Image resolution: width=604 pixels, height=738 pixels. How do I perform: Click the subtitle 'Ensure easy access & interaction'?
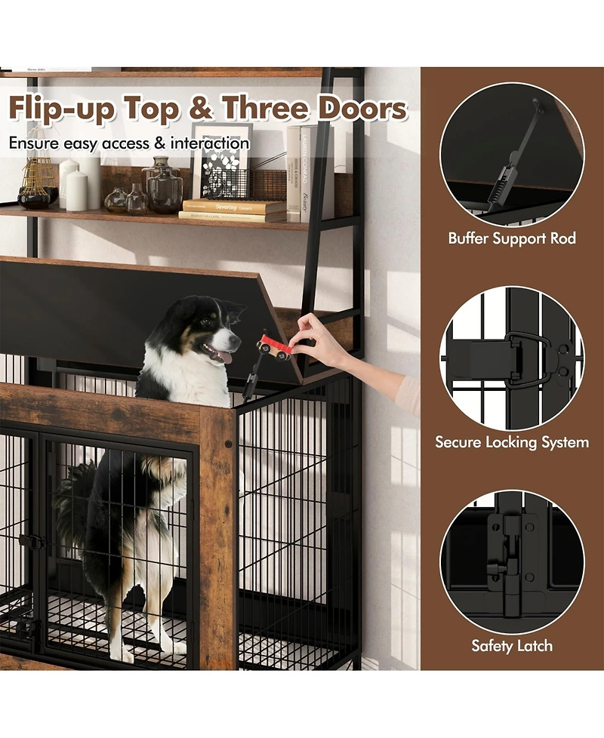pyautogui.click(x=129, y=143)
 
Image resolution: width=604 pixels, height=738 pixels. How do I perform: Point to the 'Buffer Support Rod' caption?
pyautogui.click(x=512, y=238)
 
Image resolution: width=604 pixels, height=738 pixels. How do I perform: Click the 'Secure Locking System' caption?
pyautogui.click(x=512, y=442)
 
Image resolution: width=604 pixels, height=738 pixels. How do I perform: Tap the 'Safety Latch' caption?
pyautogui.click(x=512, y=646)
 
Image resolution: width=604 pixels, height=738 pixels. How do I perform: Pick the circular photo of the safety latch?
pyautogui.click(x=512, y=561)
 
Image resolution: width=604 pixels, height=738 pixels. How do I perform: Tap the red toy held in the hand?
pyautogui.click(x=273, y=348)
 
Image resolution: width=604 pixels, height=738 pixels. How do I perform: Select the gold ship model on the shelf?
pyautogui.click(x=35, y=181)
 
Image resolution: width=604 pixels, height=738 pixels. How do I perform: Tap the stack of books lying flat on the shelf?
pyautogui.click(x=233, y=211)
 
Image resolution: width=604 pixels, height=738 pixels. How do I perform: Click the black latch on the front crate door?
pyautogui.click(x=32, y=541)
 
